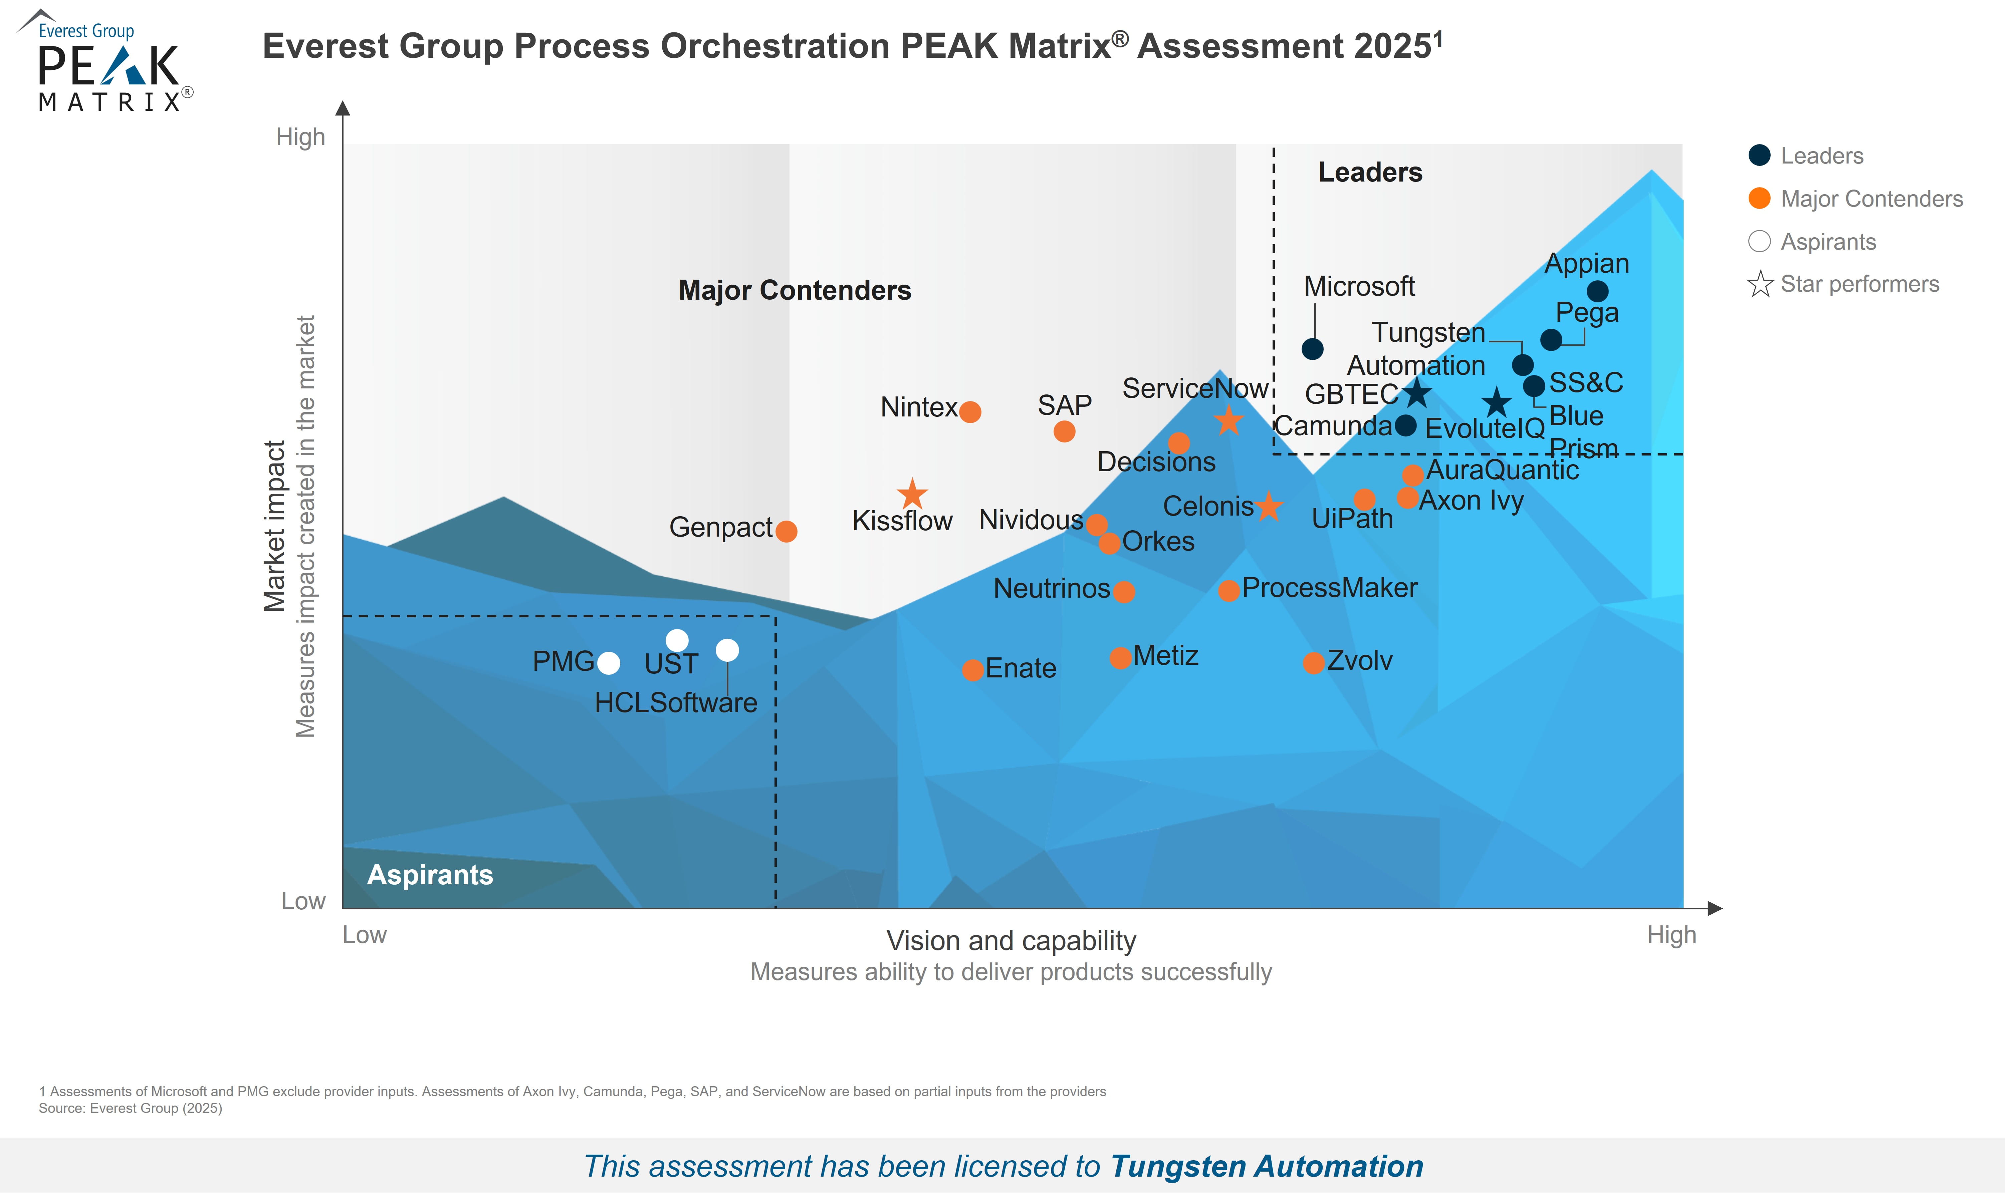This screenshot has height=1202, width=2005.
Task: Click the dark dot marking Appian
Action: click(x=1597, y=291)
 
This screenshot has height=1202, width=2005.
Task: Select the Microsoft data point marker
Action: click(x=1312, y=349)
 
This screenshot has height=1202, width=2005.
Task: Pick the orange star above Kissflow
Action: click(x=912, y=493)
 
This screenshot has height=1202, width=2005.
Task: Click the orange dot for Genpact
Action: click(x=786, y=531)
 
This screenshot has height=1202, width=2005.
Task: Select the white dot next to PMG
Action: click(x=608, y=663)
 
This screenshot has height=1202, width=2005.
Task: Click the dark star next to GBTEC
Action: click(x=1416, y=394)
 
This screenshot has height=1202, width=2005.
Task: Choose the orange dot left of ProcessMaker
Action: click(x=1228, y=590)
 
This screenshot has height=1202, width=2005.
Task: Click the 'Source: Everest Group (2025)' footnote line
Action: click(x=131, y=1108)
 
